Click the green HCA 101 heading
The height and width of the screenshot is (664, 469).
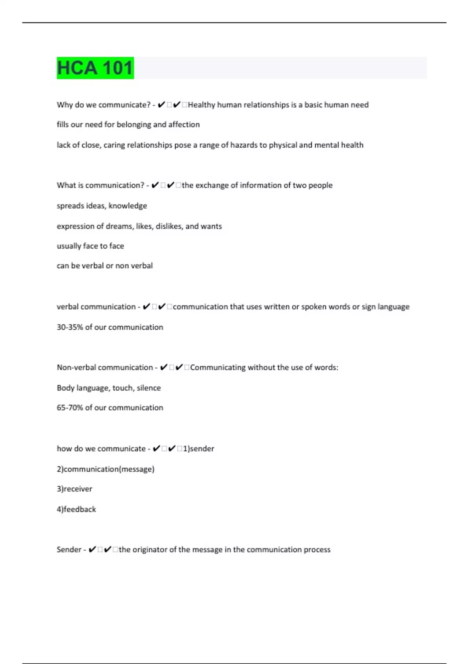[95, 68]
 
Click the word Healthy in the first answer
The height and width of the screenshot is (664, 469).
[201, 105]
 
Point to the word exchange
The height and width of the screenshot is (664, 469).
[211, 185]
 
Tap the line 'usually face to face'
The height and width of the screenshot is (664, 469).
[90, 246]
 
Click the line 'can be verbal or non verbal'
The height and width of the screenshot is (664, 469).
[105, 266]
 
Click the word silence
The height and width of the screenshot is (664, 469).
[149, 388]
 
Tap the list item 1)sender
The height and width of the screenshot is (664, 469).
[199, 449]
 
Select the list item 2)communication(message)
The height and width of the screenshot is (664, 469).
[106, 469]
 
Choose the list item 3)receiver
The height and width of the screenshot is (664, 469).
[74, 489]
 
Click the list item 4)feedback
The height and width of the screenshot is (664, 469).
[76, 509]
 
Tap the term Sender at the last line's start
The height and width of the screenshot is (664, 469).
[69, 550]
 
